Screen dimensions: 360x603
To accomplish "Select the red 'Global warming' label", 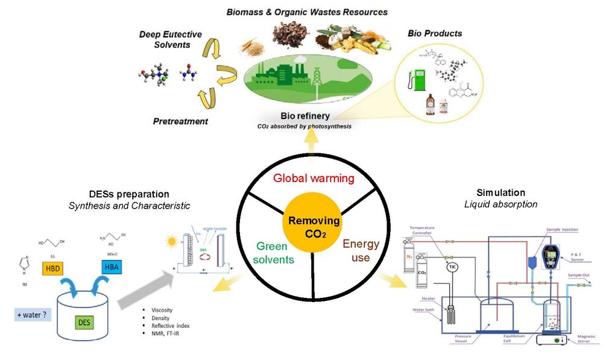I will tap(314, 178).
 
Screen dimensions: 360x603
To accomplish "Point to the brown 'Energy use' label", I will tap(361, 251).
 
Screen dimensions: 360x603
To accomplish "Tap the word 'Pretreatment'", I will tap(180, 121).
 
